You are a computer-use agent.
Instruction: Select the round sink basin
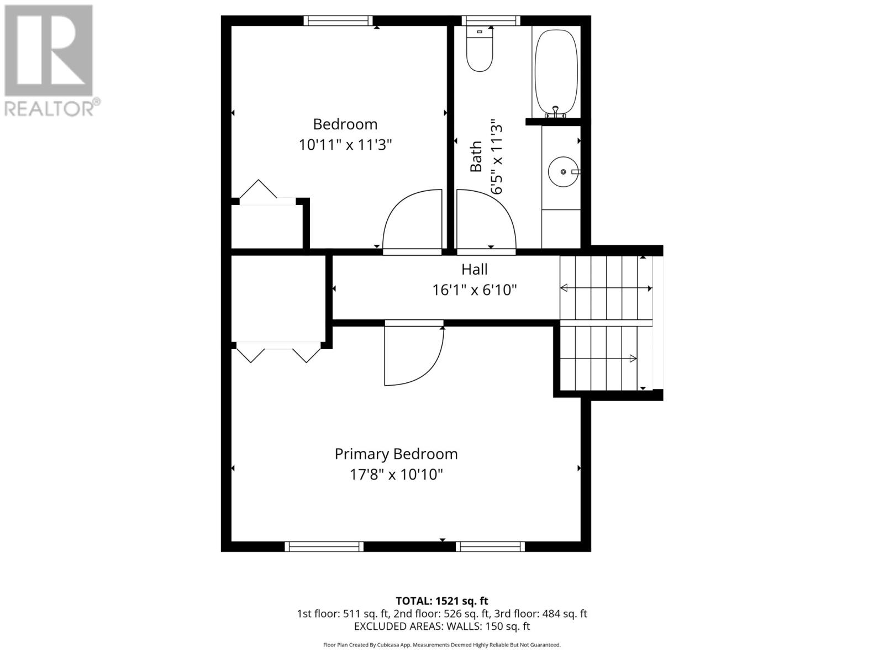pos(562,172)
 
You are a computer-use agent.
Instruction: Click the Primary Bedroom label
pos(396,454)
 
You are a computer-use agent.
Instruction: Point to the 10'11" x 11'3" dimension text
pos(345,145)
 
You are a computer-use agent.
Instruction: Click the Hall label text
pos(475,270)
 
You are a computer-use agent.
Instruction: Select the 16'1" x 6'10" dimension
pos(475,290)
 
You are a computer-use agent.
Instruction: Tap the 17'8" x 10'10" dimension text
pos(396,475)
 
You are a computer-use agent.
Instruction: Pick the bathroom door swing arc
pos(486,218)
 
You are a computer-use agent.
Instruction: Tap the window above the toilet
pos(491,21)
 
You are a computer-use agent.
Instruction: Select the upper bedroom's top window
pos(338,21)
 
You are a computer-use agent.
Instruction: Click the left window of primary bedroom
pos(324,546)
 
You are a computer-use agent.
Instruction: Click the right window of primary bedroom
pos(490,546)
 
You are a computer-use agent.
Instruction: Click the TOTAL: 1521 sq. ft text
pos(441,601)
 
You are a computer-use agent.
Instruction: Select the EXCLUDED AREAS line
pos(441,627)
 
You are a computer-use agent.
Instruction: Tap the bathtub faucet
pos(556,112)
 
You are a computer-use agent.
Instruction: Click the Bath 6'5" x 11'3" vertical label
pos(486,157)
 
